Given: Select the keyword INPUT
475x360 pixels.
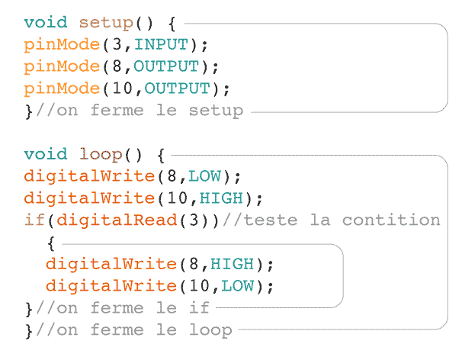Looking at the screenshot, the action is tap(161, 44).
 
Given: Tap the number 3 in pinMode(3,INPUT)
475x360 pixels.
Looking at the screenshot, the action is tap(117, 44).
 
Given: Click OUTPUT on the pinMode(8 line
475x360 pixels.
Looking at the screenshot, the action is tap(166, 66).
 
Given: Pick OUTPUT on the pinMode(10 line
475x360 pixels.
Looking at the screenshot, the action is tap(177, 88).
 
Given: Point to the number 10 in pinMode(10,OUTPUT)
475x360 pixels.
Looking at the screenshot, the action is tap(123, 88).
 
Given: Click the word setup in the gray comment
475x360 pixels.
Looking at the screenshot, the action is tap(216, 111).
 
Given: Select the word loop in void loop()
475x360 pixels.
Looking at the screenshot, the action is tap(101, 155).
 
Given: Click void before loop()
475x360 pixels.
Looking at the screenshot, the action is tap(46, 154).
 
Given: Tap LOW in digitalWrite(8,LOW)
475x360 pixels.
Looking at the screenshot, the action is tap(205, 176).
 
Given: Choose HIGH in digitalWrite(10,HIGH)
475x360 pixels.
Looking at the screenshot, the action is tap(221, 198).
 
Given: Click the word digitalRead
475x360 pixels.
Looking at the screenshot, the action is tap(117, 220).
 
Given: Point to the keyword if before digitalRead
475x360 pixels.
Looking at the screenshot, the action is tap(34, 220).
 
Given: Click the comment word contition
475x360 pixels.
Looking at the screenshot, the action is tap(391, 220).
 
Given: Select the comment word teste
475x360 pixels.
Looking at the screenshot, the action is tap(271, 220).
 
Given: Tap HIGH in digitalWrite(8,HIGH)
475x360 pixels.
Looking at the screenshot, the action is tap(232, 264).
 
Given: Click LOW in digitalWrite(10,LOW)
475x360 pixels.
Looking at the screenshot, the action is tap(238, 286).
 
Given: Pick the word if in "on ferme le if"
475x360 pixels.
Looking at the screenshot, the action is tap(199, 307).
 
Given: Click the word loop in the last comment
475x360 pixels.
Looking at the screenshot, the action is tap(210, 330).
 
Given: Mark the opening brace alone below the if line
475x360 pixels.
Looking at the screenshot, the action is tap(51, 243).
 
